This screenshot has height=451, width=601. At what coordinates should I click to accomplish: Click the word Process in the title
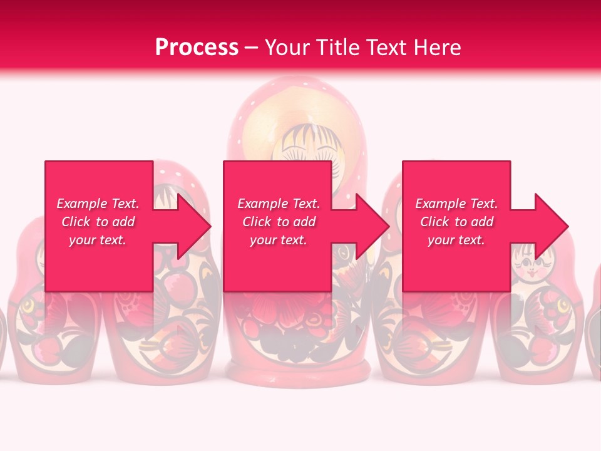[197, 48]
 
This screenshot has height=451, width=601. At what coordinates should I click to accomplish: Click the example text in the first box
[98, 222]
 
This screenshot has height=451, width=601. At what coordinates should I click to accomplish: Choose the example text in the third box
[456, 222]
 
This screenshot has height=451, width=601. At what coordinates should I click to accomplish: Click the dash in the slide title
[251, 48]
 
